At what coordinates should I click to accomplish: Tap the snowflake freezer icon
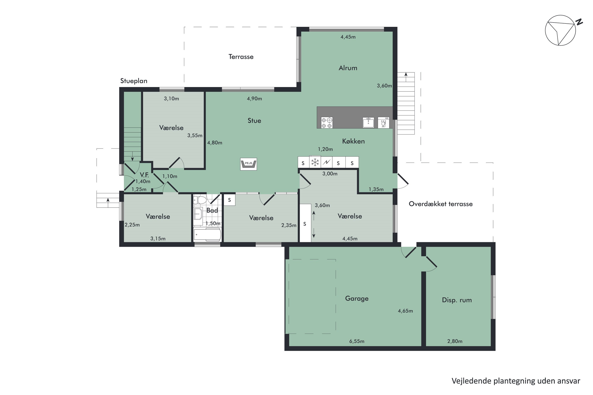[315, 162]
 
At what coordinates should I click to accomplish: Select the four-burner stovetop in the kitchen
[327, 123]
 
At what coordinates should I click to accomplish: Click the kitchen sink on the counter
[368, 122]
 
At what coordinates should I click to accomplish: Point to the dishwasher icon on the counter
[383, 122]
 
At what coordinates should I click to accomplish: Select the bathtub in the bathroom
[207, 235]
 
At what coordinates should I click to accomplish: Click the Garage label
[357, 298]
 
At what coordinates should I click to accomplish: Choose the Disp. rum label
[457, 300]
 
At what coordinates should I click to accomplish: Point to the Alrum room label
[348, 68]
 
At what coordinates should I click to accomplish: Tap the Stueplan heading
[134, 81]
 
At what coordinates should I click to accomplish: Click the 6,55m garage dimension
[357, 341]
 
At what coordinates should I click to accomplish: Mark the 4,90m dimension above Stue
[254, 99]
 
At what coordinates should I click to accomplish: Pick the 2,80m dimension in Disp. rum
[455, 341]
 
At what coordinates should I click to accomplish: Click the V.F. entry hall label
[144, 175]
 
